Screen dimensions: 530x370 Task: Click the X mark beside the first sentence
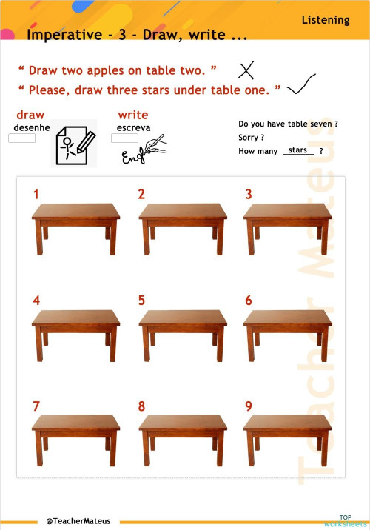tap(246, 70)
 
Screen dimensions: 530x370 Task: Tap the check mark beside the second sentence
tap(300, 85)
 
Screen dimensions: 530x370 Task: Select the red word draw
tap(30, 115)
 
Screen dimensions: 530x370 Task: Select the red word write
tap(133, 115)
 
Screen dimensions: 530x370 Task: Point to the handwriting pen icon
tap(145, 151)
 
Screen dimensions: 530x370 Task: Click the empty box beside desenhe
tap(21, 138)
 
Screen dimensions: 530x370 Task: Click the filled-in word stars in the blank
tap(298, 150)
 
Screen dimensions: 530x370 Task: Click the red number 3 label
tap(249, 195)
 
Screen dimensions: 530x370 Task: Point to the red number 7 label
tap(36, 406)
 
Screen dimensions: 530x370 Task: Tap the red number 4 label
tap(36, 301)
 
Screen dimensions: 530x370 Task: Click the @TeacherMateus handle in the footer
tap(78, 521)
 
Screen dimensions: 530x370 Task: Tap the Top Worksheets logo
tap(346, 520)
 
